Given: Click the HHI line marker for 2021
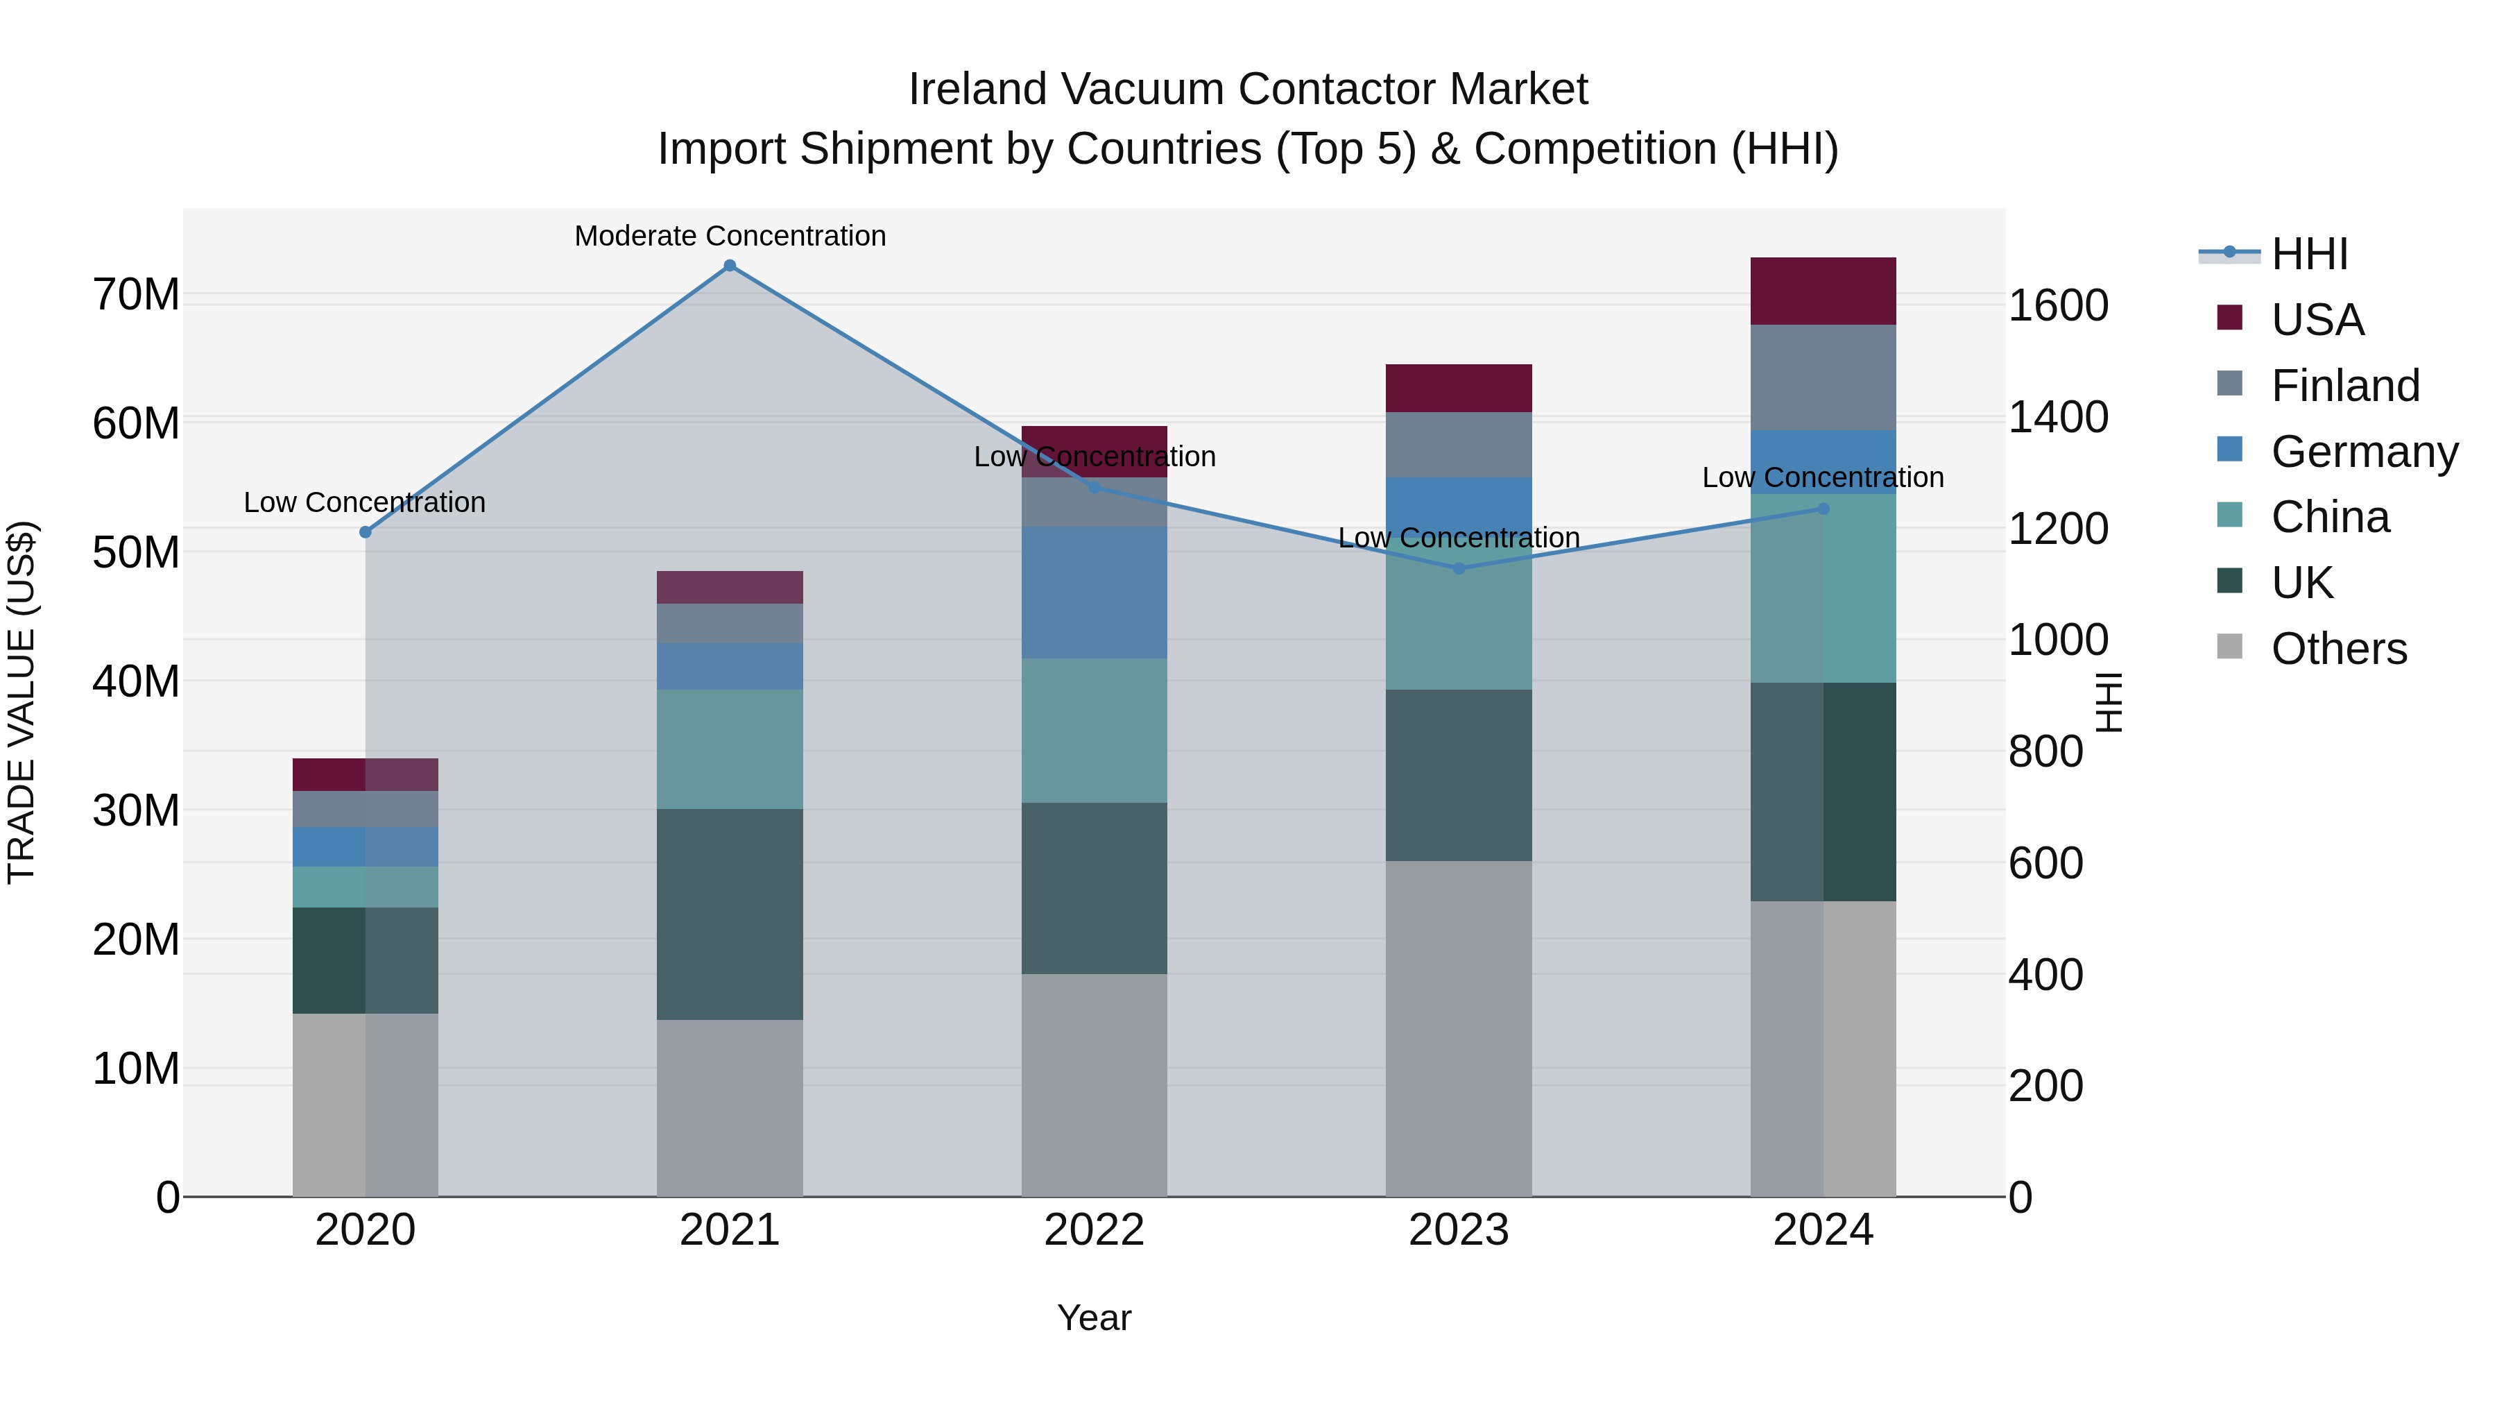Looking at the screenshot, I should tap(730, 266).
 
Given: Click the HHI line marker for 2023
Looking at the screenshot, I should tap(1459, 568).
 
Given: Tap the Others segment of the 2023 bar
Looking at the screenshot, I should tap(1459, 1028).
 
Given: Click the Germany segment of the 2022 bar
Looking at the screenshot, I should tap(1095, 593).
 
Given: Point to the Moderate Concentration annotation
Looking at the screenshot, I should tap(730, 236).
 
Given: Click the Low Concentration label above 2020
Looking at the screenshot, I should tap(364, 502).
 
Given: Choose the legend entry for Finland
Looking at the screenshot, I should tap(2345, 385).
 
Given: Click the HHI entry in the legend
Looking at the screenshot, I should tap(2309, 254).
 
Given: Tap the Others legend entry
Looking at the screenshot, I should tap(2338, 649).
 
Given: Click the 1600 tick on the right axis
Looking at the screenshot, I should tap(2057, 305).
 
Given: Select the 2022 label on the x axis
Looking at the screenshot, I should tap(1095, 1230).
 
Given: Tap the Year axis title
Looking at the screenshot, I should tap(1095, 1318).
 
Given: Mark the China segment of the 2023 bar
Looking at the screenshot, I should tap(1459, 620).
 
